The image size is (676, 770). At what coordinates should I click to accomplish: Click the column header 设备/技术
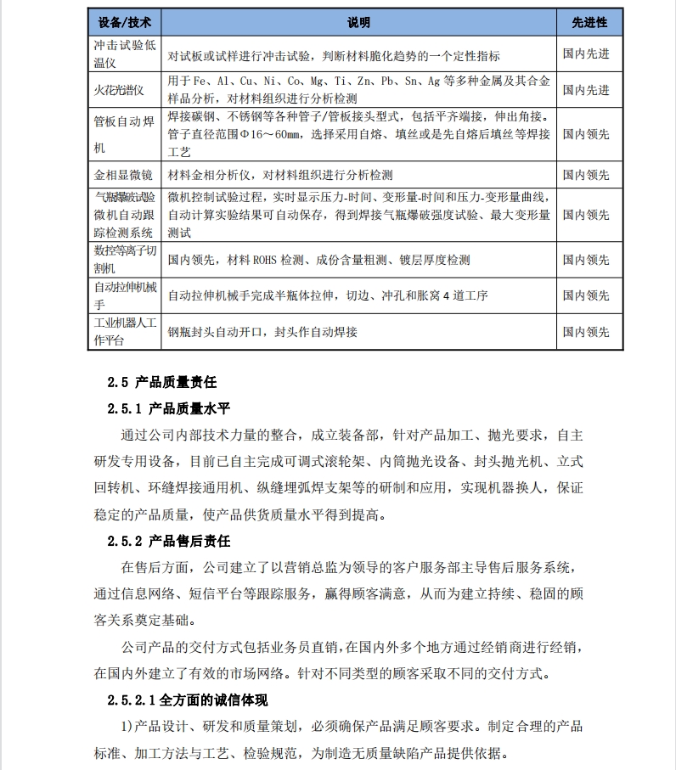124,22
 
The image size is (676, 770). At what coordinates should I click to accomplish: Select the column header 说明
358,22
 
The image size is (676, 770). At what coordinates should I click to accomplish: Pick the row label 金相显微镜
123,176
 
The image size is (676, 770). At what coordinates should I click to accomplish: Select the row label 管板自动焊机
124,132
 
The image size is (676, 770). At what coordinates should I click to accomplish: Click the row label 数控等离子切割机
125,260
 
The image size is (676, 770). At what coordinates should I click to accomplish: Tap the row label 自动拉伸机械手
125,295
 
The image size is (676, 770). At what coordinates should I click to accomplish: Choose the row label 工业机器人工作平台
125,331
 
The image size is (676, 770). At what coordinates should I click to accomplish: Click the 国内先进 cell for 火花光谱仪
586,90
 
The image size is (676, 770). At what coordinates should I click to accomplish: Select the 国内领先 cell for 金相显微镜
586,176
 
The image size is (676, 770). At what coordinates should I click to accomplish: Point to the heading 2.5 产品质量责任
162,382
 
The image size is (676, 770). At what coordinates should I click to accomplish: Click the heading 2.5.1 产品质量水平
168,408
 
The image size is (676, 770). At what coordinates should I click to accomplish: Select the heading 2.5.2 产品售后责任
168,541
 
